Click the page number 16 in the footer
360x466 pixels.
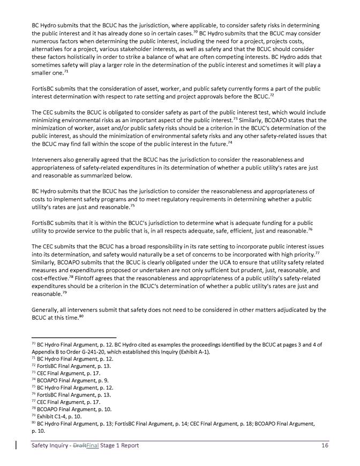tap(325, 446)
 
